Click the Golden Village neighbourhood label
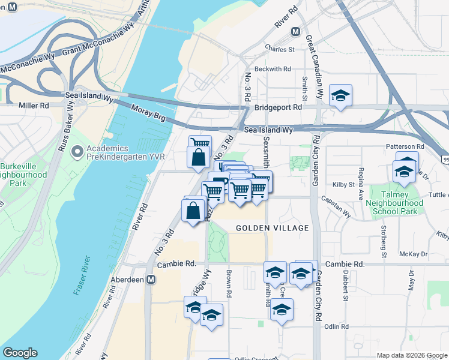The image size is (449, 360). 272,228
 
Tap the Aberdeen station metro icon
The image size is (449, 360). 151,280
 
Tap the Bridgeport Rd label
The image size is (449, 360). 277,107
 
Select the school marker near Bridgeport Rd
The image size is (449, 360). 340,96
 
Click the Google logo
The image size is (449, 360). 20,352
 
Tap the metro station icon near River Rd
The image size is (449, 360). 295,32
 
